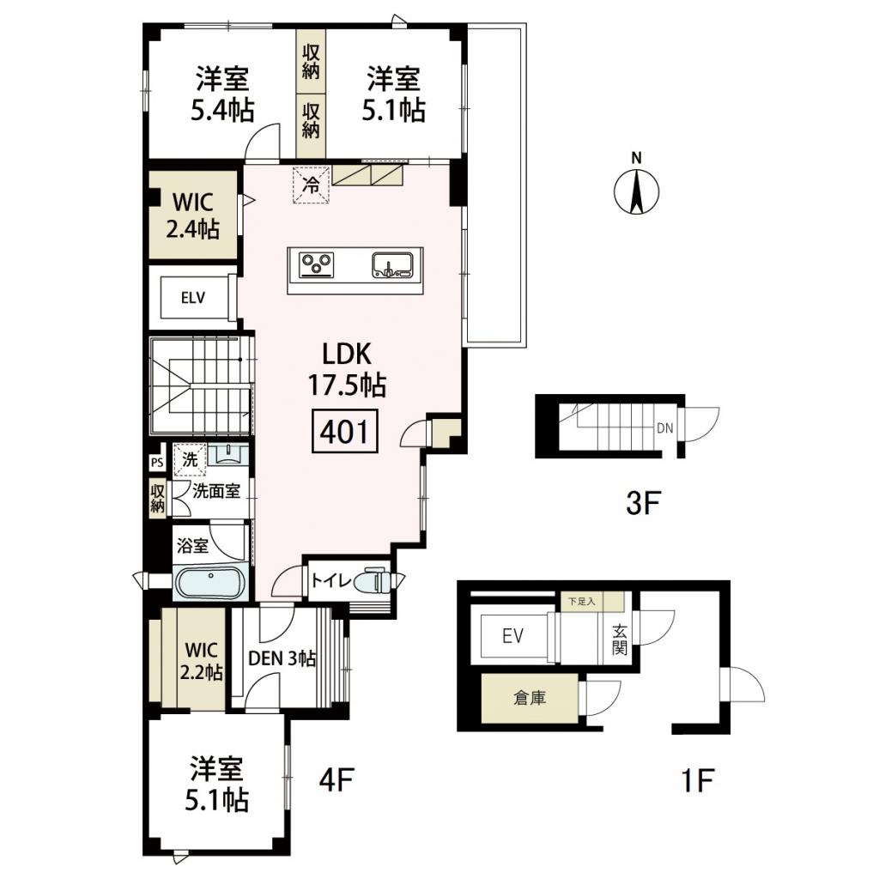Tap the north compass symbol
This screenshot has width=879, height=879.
(636, 190)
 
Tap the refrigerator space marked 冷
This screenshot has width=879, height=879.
(312, 185)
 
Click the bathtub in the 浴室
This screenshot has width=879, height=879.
(209, 584)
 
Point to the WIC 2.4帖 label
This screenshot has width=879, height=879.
(192, 215)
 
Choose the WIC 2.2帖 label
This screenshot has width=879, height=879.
(201, 658)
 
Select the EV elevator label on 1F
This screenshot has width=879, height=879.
(512, 636)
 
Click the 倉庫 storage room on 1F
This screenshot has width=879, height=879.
(529, 699)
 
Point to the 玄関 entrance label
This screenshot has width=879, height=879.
(620, 639)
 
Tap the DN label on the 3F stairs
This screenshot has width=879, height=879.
(664, 427)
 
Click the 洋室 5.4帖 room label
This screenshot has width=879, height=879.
(222, 94)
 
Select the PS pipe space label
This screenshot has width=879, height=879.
(156, 462)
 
